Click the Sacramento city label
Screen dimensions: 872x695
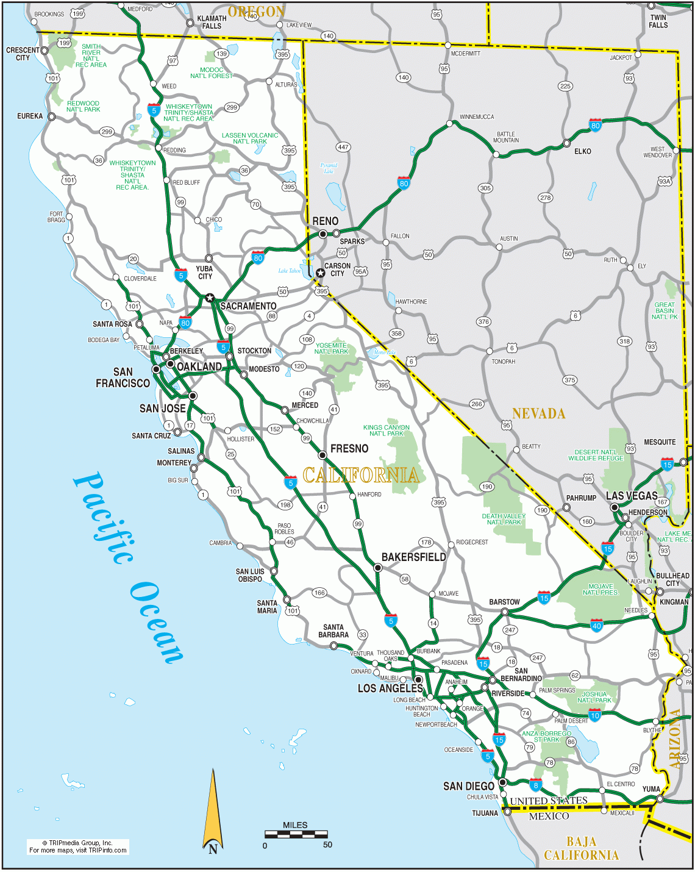[x=248, y=306]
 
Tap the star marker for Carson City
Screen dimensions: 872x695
[x=320, y=273]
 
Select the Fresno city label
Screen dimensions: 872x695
[x=349, y=449]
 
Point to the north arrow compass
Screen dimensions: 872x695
[x=213, y=811]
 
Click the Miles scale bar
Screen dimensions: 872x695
[x=296, y=834]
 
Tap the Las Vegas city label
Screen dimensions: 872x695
[x=632, y=496]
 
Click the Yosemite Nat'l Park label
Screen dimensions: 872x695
[x=331, y=348]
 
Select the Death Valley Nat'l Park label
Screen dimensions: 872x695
[x=504, y=519]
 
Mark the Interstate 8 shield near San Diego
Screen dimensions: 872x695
[x=535, y=785]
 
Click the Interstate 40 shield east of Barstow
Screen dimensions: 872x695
[x=596, y=625]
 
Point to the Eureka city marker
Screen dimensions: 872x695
[x=52, y=116]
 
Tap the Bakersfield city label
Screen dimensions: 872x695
[x=413, y=557]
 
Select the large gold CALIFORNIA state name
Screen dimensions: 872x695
[x=361, y=475]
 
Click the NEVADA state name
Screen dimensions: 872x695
[x=538, y=413]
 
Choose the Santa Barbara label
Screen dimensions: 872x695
[x=333, y=631]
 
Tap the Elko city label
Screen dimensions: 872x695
[x=582, y=151]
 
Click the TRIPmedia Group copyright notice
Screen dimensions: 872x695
[x=77, y=846]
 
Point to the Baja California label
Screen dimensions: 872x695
[x=581, y=848]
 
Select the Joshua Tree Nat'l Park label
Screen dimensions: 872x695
[x=594, y=697]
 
